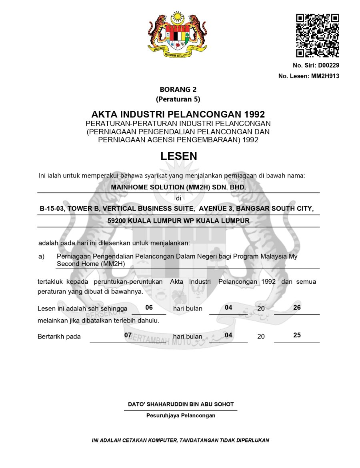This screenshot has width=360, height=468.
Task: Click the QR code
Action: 318,36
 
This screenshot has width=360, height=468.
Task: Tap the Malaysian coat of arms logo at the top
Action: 178,35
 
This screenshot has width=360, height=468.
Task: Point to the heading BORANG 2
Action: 178,90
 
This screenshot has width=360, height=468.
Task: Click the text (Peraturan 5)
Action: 178,99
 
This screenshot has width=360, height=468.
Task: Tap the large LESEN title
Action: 178,156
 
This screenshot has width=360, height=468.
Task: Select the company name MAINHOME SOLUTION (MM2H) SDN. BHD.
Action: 178,187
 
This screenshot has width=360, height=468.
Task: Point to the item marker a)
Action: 42,256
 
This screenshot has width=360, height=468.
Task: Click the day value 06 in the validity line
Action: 149,308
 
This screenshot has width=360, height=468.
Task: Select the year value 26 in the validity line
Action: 297,308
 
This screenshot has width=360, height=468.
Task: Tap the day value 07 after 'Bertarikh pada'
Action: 128,335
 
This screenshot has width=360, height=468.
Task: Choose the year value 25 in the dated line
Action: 297,335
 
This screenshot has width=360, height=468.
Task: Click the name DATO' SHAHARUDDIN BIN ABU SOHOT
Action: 181,404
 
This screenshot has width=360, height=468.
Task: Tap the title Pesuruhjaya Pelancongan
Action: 181,415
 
